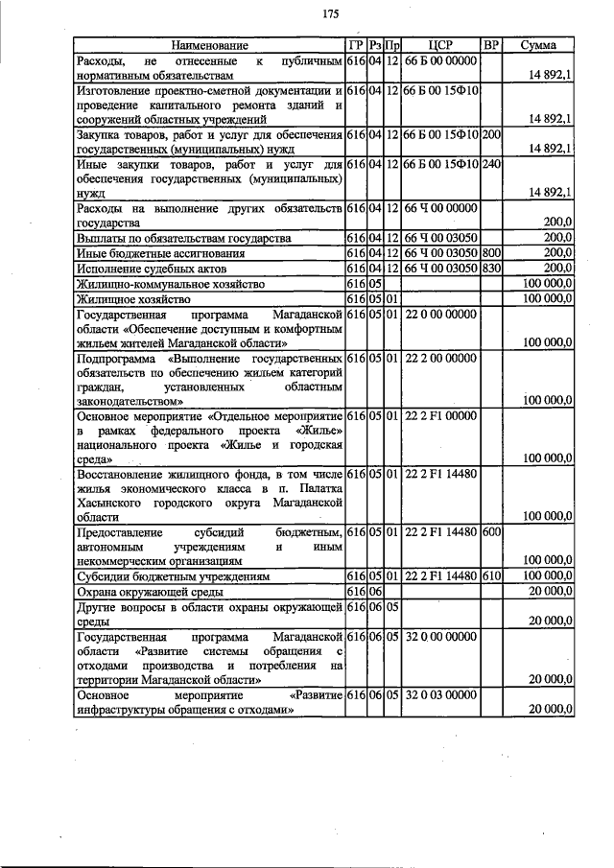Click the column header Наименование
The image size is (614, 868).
[209, 45]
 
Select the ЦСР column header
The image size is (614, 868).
[441, 45]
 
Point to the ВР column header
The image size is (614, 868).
[490, 45]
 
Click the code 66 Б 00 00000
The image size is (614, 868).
[441, 60]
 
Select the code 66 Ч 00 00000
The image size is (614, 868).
[441, 208]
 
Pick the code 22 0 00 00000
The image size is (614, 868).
[441, 314]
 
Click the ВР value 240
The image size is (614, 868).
[491, 164]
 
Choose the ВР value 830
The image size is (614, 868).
[491, 268]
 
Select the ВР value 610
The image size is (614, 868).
[491, 576]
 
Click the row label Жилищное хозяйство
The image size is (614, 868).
[128, 298]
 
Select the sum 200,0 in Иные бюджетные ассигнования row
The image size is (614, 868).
[556, 253]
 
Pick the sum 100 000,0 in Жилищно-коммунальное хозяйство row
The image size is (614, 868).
[548, 284]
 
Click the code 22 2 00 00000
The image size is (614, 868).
[441, 358]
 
